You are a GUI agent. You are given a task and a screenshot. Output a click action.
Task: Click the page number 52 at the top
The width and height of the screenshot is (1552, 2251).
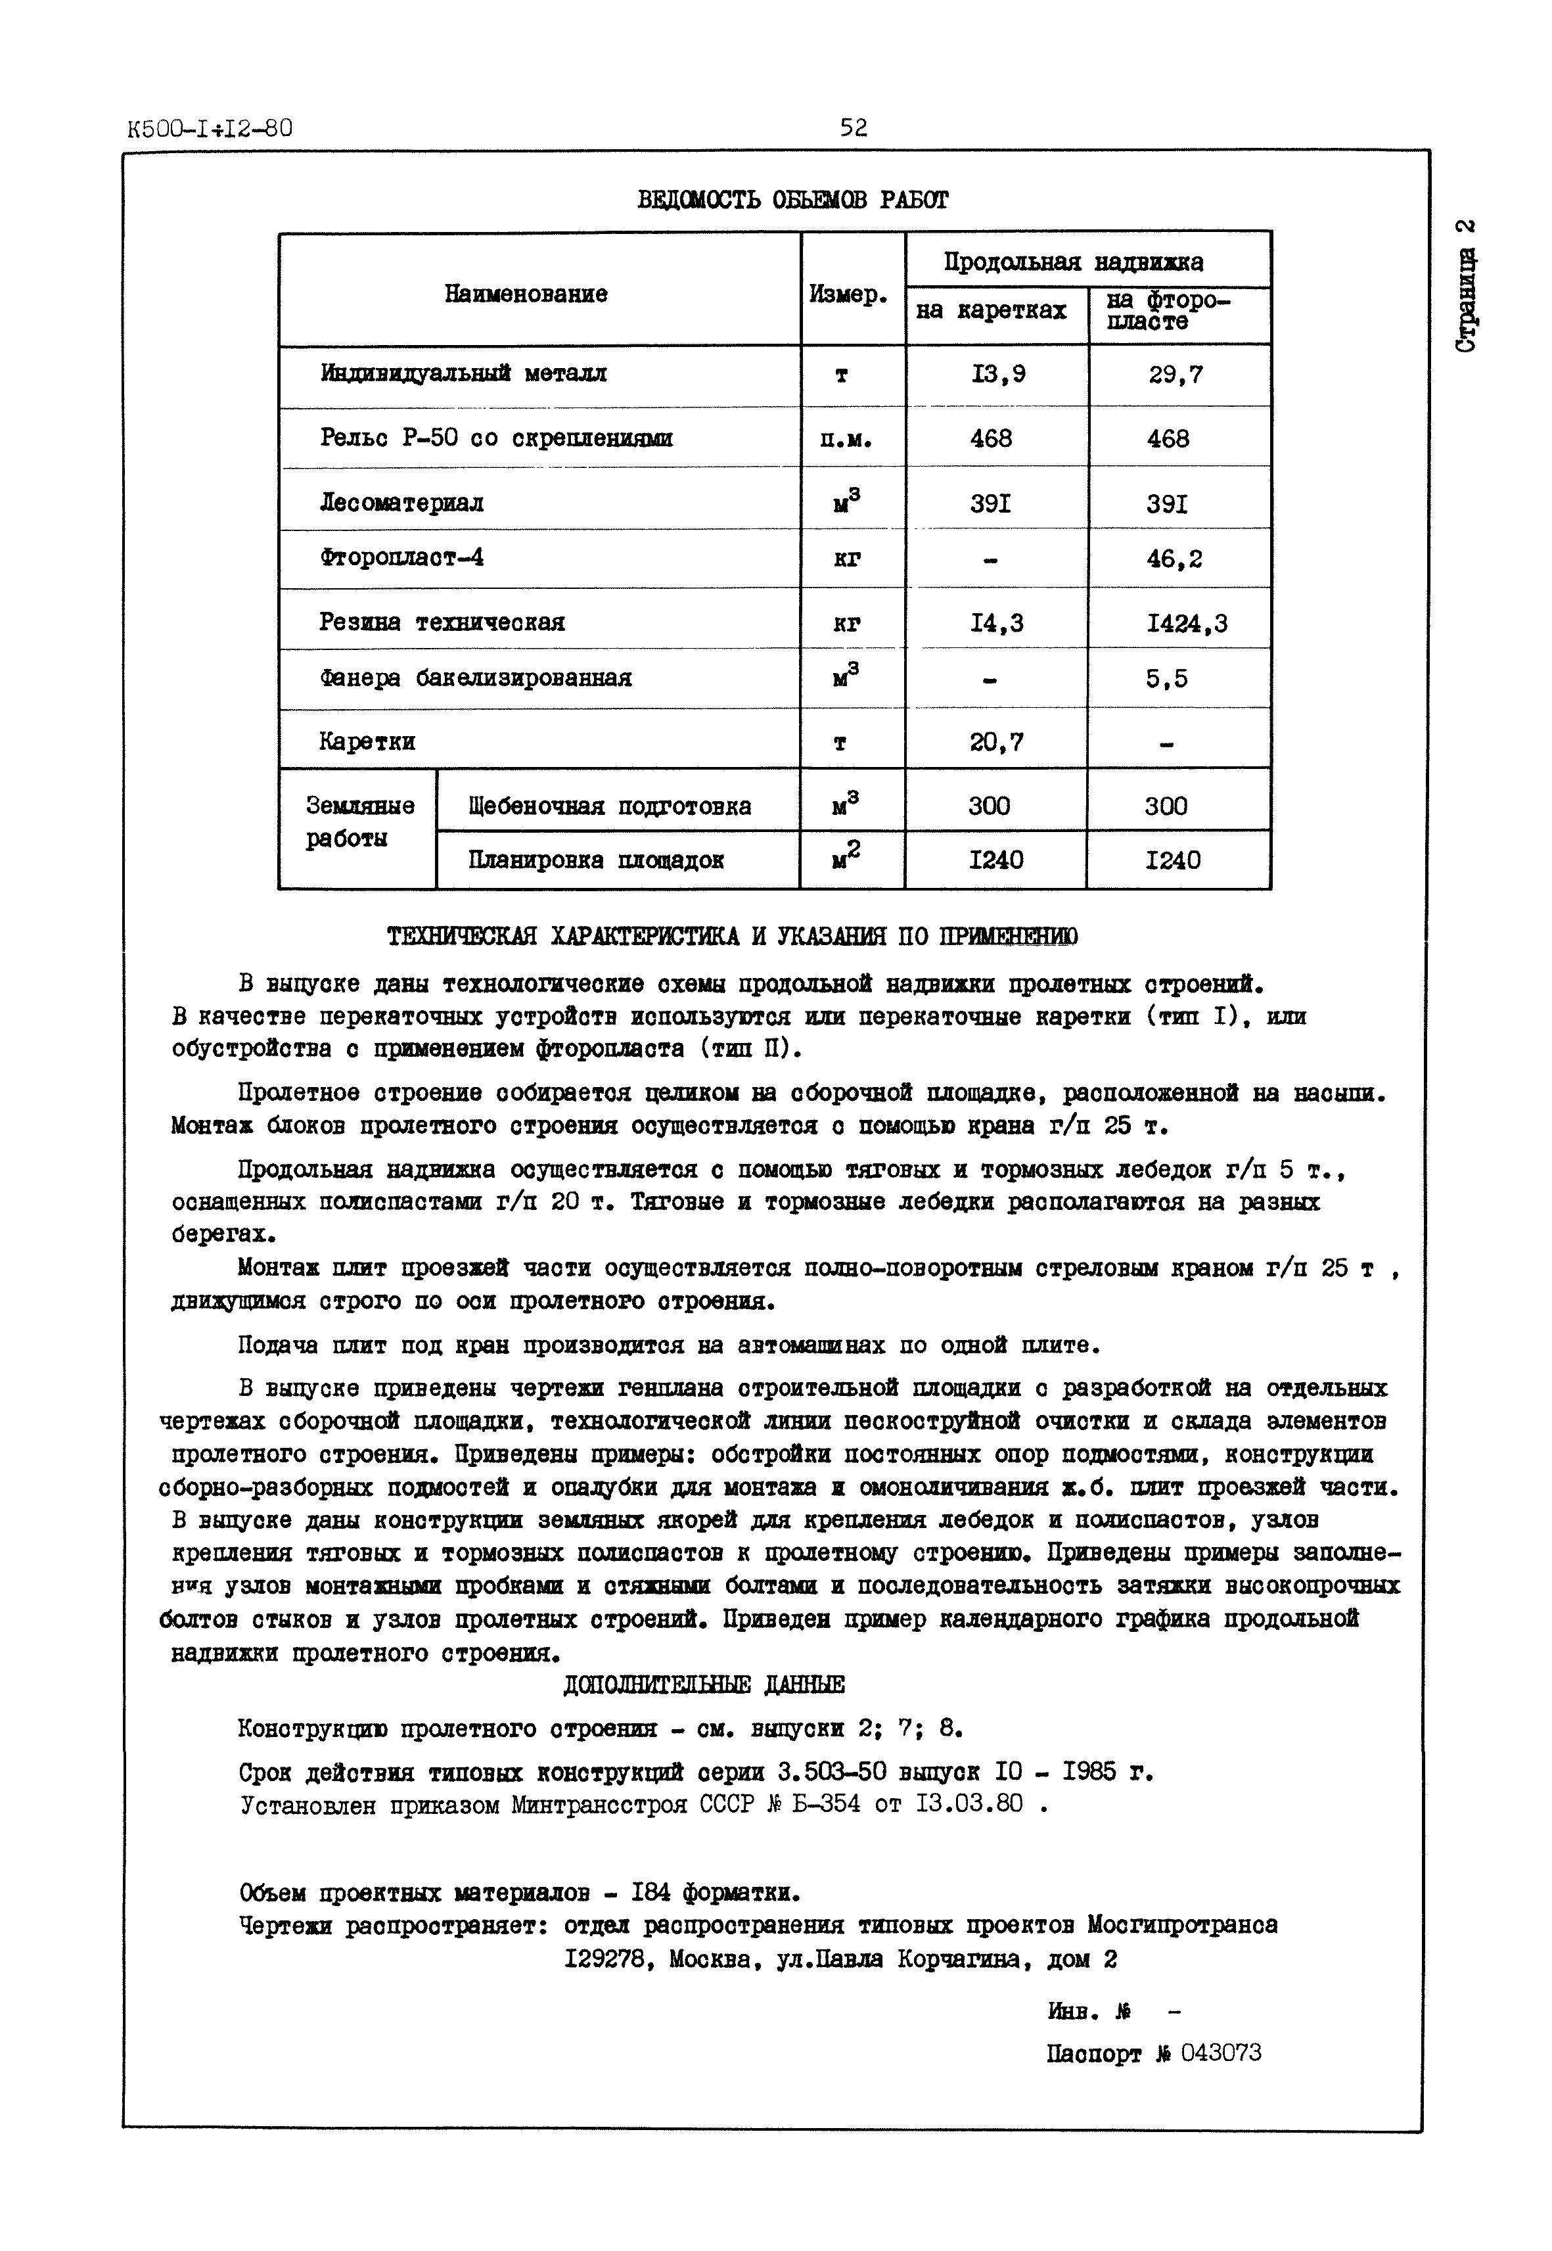click(853, 128)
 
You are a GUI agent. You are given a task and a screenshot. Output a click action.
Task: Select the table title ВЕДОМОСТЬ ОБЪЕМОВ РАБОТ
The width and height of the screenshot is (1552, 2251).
click(792, 200)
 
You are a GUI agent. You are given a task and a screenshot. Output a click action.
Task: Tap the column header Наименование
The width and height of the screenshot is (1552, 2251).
click(526, 294)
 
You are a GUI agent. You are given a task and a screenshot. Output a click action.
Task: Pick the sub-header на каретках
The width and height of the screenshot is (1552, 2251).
click(991, 312)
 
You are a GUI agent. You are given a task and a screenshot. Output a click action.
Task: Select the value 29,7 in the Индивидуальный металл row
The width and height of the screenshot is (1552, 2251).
click(1175, 375)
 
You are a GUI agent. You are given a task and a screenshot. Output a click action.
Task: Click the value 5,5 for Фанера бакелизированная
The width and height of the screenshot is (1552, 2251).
click(1166, 679)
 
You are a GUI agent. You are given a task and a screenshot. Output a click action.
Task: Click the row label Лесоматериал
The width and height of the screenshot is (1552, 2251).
click(401, 503)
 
